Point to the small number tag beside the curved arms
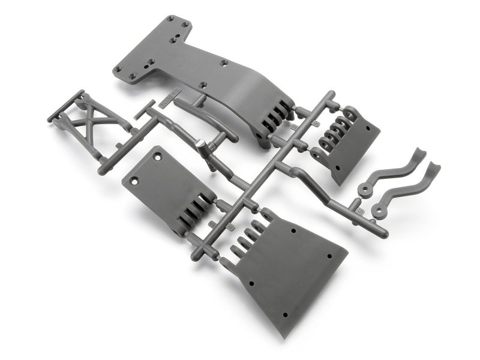[359, 211]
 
